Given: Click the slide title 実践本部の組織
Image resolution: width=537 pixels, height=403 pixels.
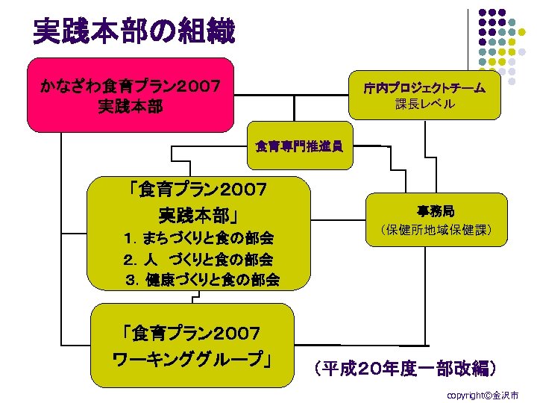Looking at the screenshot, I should click(134, 31).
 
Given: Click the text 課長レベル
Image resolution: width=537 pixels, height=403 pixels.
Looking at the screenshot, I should click(424, 104).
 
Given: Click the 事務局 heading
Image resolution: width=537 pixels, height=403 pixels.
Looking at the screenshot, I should click(436, 211).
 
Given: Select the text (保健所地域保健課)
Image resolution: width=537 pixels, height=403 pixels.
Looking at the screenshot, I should click(436, 230).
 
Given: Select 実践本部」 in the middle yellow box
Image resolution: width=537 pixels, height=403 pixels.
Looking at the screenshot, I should click(198, 216).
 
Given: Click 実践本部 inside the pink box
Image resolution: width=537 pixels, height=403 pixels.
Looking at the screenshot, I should click(131, 107).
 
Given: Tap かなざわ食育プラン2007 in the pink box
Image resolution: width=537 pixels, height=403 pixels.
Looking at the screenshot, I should click(131, 86).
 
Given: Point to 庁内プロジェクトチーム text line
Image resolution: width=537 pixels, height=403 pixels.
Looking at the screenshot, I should click(424, 88).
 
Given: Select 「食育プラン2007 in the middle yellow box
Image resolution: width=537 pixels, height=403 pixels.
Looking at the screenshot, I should click(198, 190).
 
